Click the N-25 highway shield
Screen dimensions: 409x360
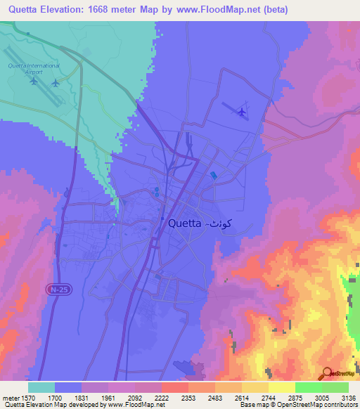pyautogui.click(x=60, y=289)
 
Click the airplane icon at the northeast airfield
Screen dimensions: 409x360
pyautogui.click(x=242, y=111)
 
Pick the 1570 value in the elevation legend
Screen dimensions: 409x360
pyautogui.click(x=28, y=397)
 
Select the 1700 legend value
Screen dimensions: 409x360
pyautogui.click(x=54, y=397)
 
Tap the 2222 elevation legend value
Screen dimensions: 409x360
pyautogui.click(x=161, y=397)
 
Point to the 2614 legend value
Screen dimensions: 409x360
pyautogui.click(x=241, y=397)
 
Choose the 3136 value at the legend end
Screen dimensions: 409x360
pyautogui.click(x=347, y=397)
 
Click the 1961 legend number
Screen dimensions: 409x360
pyautogui.click(x=108, y=397)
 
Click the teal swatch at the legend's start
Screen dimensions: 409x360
pyautogui.click(x=41, y=387)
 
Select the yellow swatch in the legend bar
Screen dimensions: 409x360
pyautogui.click(x=281, y=387)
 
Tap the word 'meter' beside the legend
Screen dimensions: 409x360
pyautogui.click(x=9, y=397)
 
